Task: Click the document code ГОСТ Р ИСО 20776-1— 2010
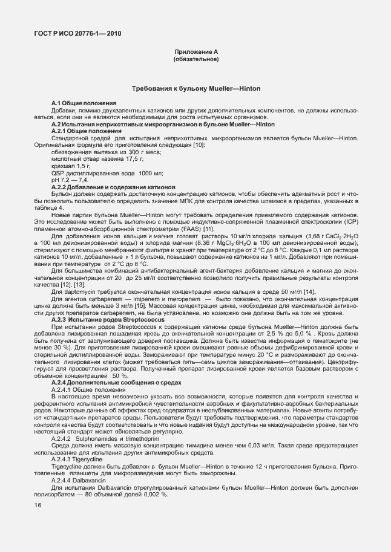pos(77,33)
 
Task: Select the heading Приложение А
pos(195,53)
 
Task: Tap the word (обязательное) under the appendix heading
pos(195,60)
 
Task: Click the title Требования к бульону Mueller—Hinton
pos(196,89)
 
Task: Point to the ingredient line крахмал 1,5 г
pos(71,166)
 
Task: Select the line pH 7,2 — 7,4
pos(70,180)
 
